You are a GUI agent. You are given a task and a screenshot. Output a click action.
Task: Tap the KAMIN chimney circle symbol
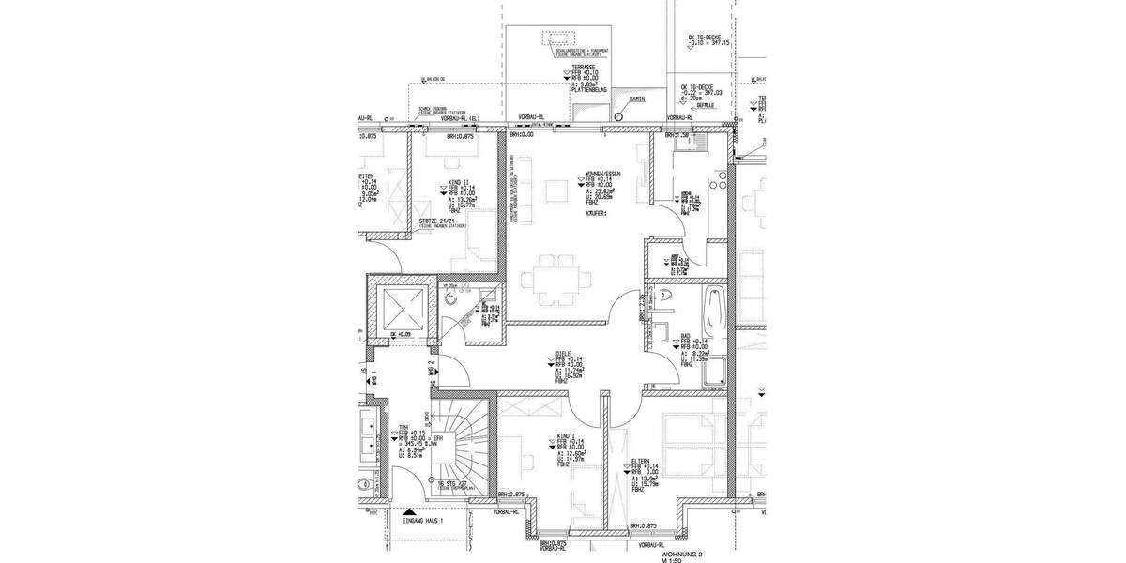[618, 116]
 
